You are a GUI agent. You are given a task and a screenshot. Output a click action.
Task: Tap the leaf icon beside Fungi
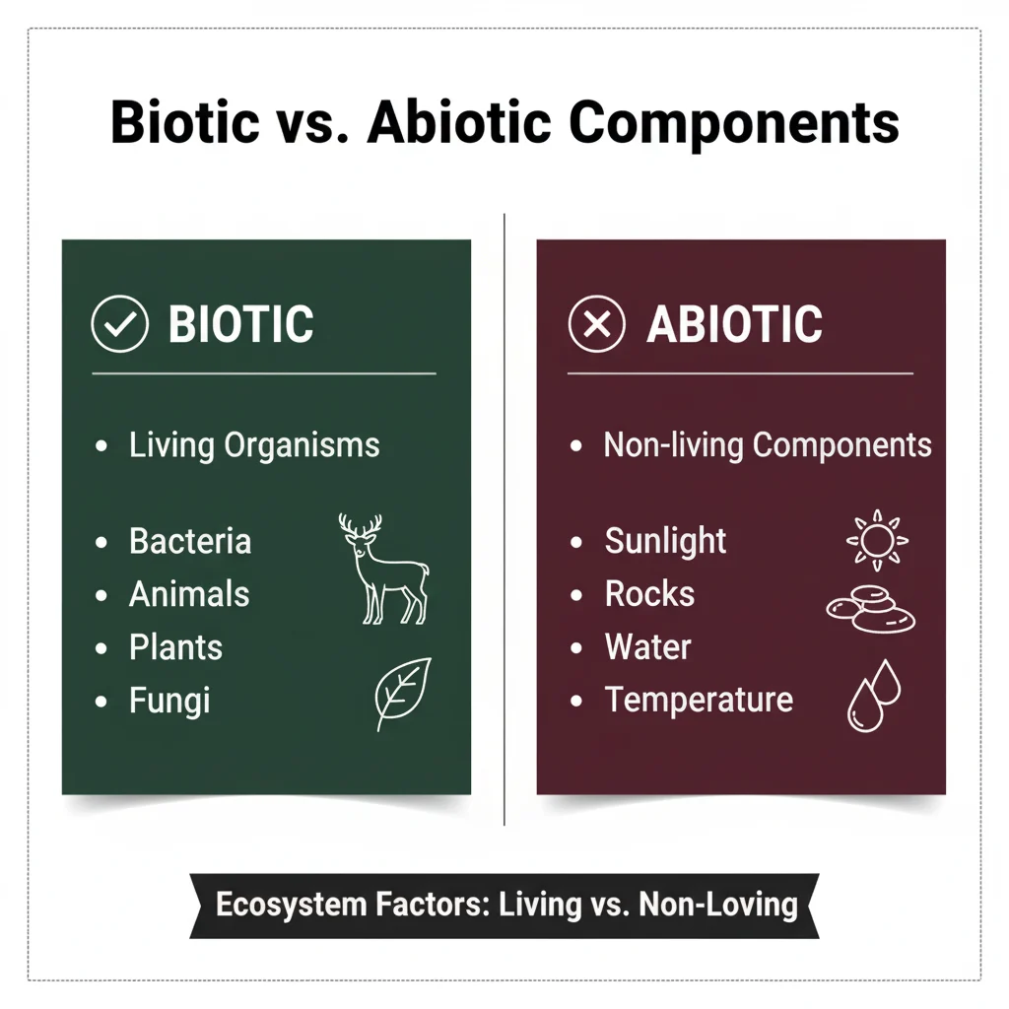click(x=403, y=694)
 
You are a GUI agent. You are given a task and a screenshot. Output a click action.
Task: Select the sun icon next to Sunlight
click(x=877, y=540)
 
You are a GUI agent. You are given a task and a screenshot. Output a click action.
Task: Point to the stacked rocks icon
click(x=870, y=608)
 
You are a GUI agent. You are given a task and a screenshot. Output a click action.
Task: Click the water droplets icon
click(x=874, y=696)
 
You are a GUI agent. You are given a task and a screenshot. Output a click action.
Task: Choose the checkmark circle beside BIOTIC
click(x=119, y=325)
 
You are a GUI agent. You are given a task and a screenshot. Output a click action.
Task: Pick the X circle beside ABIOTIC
click(x=597, y=325)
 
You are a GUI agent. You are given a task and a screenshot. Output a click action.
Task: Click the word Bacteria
click(x=190, y=541)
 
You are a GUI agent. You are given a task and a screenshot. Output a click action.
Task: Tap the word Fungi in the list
click(x=169, y=701)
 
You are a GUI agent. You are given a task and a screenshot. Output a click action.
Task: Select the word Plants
click(x=175, y=647)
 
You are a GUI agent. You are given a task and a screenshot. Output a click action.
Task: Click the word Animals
click(x=189, y=594)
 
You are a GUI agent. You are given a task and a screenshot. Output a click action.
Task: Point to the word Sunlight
click(x=666, y=541)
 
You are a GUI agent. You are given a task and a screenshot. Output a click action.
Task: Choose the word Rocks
click(x=649, y=594)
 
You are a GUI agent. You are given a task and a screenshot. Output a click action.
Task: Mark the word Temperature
click(x=699, y=700)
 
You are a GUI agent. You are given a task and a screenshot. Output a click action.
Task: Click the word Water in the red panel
click(x=647, y=647)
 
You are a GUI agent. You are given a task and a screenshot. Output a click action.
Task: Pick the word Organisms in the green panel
click(x=302, y=444)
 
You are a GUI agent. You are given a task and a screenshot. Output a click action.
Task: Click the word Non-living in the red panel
click(x=674, y=444)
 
